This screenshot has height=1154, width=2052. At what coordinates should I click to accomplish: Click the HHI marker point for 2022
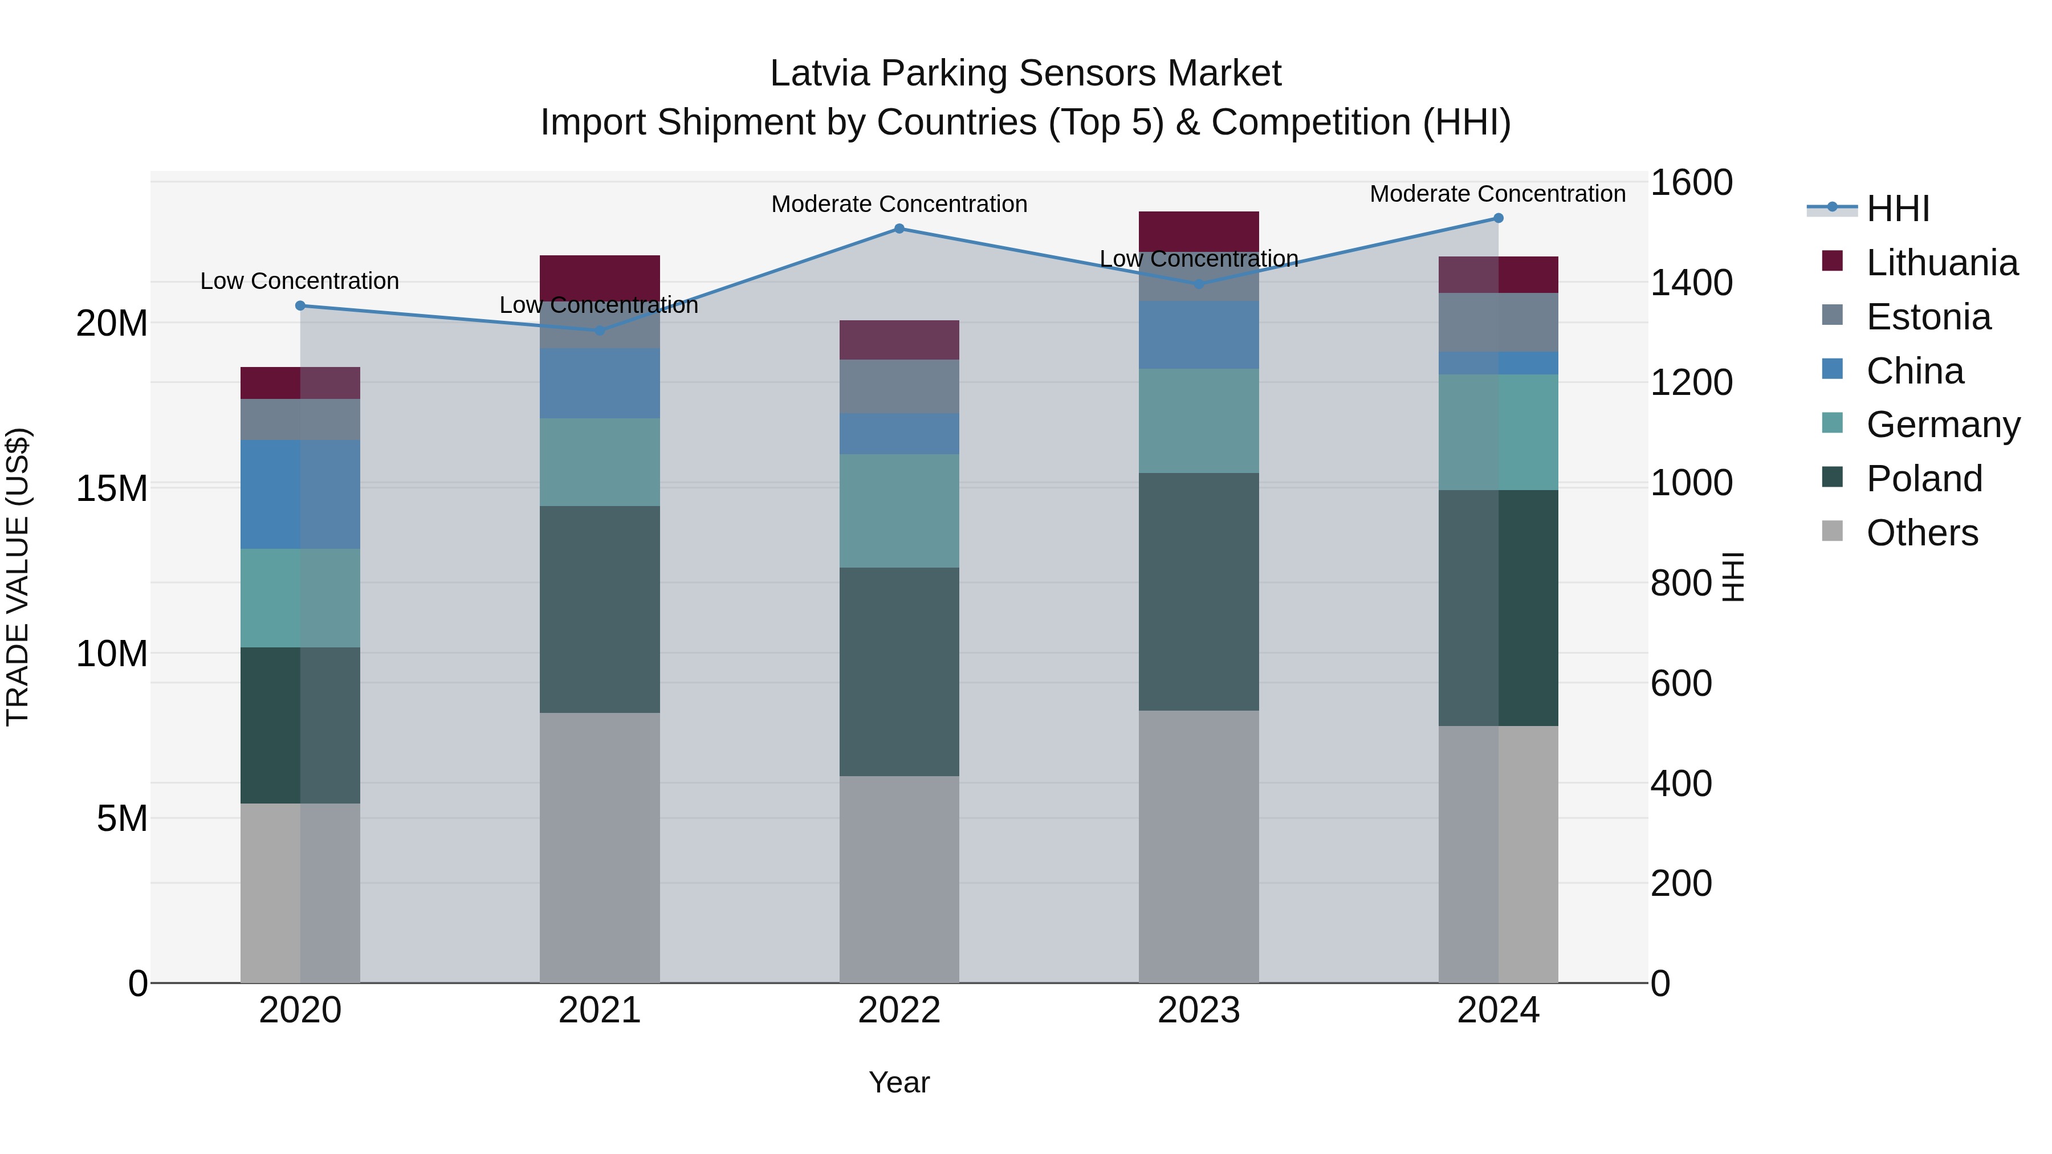899,229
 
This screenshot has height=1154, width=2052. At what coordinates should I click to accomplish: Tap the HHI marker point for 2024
1499,218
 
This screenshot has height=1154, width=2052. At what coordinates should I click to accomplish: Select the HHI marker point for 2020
300,306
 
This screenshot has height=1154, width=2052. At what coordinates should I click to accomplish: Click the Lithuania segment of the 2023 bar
1199,231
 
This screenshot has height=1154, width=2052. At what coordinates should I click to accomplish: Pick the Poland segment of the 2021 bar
600,609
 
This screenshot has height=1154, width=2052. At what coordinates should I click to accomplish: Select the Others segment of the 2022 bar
899,879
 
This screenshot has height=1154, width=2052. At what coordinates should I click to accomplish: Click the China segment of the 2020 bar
300,494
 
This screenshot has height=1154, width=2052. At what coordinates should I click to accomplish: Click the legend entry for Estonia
1928,317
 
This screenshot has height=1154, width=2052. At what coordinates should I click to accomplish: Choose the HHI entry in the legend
1898,209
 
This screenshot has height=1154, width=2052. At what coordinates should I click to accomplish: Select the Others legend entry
1921,533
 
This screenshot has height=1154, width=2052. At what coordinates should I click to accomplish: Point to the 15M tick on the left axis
112,488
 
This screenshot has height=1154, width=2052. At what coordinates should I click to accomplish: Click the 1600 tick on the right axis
1691,182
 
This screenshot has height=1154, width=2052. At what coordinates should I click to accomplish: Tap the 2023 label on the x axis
1199,1010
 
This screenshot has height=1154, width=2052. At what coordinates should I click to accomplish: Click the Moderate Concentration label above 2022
899,204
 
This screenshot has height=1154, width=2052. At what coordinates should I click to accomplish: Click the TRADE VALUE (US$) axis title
18,577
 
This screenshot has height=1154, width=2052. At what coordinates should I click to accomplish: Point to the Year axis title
899,1082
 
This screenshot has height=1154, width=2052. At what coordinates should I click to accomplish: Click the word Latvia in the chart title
820,74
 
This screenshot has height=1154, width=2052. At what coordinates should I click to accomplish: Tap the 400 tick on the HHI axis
1681,783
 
